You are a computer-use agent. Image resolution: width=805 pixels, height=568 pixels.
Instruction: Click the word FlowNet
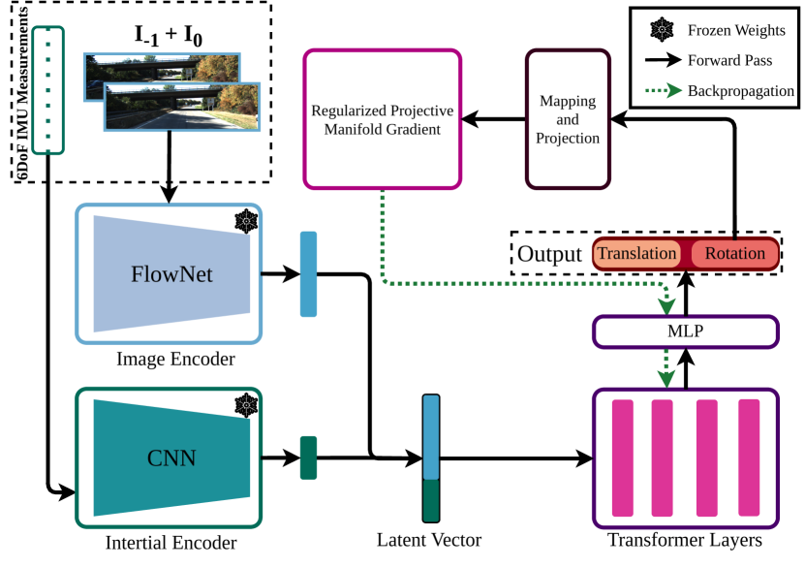coord(171,274)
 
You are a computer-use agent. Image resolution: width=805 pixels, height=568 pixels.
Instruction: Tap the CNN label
coord(171,458)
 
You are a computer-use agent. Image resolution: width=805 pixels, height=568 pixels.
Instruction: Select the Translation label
coord(636,254)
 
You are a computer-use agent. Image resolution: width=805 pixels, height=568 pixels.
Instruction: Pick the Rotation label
coord(734,254)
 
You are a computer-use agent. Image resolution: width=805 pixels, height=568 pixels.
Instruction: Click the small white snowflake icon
coord(662,29)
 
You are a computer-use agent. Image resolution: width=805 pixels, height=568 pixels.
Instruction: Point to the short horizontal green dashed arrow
coord(664,91)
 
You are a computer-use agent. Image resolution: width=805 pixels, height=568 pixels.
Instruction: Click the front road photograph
coord(182,107)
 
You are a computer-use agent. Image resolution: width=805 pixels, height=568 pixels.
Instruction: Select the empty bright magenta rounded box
coord(383,118)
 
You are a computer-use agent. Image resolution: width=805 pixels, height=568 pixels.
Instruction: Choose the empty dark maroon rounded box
coord(568,118)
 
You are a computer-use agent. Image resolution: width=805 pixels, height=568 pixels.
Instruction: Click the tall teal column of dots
coord(48,90)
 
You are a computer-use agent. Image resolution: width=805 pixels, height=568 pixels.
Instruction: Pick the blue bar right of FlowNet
coord(308,274)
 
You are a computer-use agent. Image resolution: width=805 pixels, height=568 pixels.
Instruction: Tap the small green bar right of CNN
coord(308,458)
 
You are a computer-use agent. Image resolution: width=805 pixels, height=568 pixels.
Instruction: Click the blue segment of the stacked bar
coord(431,436)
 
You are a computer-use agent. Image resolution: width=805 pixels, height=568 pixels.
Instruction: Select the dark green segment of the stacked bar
coord(431,500)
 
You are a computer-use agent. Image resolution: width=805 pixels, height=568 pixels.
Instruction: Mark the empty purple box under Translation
coord(685,331)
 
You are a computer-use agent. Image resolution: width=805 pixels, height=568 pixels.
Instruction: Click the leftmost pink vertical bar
coord(622,458)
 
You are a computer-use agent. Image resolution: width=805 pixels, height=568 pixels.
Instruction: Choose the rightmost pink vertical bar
coord(749,458)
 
